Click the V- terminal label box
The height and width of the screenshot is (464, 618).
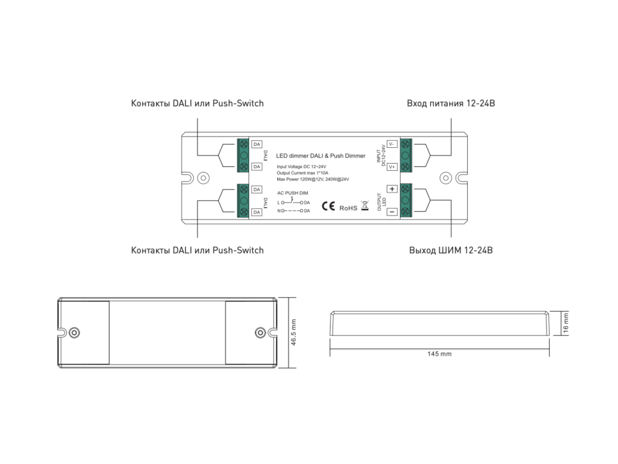coord(392,144)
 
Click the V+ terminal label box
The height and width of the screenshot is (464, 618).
coord(392,166)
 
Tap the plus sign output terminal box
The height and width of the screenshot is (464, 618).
coord(392,189)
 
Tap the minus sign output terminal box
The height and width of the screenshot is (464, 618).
coord(392,212)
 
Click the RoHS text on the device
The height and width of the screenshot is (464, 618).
coord(348,208)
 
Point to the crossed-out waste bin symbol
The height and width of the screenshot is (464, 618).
coord(365,205)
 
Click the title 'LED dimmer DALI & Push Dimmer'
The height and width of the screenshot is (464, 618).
coord(320,156)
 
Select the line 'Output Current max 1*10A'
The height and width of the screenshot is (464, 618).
coord(303,173)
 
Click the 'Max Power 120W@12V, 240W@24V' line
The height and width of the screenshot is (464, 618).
coord(313,179)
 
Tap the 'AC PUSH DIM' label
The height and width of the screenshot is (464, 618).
coord(293,192)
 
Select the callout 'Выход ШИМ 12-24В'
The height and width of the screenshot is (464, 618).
coord(450,250)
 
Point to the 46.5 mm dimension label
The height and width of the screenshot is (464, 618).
coord(294,333)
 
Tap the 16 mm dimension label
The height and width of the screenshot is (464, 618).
coord(566,323)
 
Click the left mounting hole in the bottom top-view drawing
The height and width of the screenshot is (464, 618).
coord(75,333)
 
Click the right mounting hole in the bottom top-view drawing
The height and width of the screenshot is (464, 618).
coord(259,333)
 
